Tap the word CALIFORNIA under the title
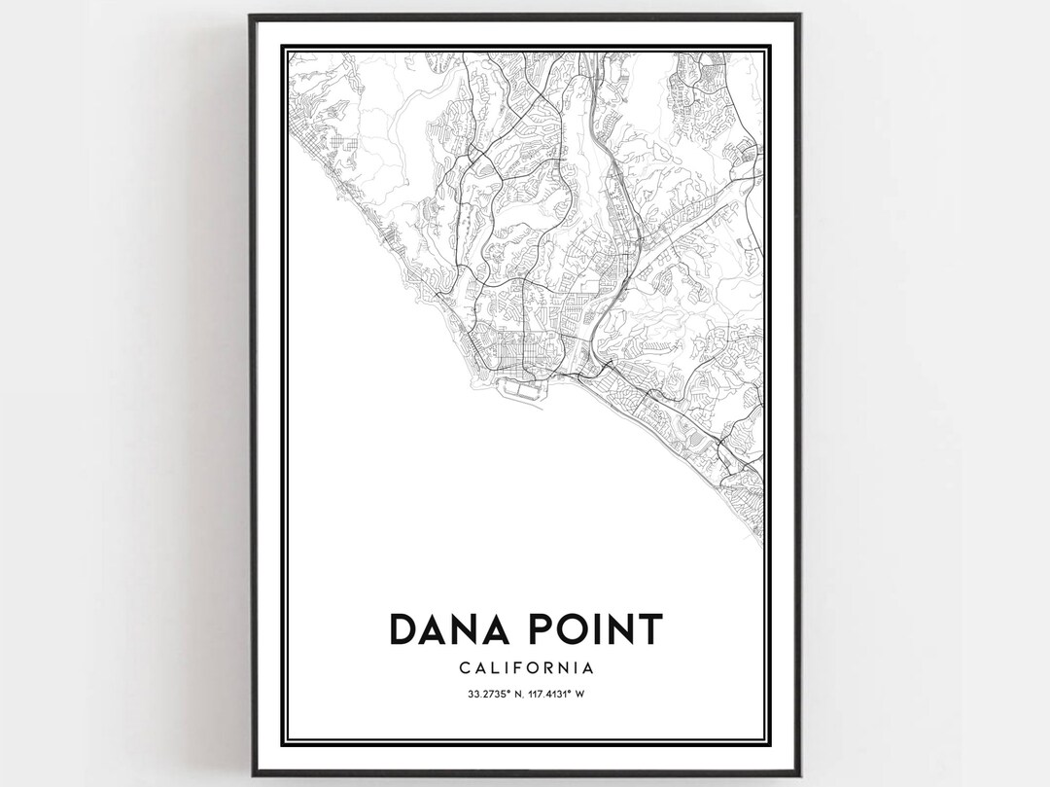[525, 668]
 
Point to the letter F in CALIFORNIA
[508, 668]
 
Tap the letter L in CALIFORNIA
[491, 668]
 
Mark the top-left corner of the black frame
[251, 17]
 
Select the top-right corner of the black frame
[799, 17]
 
